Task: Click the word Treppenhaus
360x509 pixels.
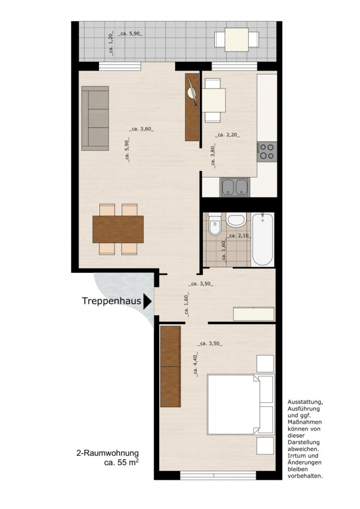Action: point(111,301)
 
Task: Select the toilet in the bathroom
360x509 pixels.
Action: point(215,224)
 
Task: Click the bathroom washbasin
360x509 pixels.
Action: point(236,220)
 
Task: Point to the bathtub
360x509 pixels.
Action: point(262,239)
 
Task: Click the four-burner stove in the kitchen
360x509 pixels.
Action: point(267,152)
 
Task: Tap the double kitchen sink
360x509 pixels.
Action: point(235,187)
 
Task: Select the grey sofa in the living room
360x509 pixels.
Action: point(95,118)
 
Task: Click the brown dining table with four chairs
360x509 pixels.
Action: point(118,229)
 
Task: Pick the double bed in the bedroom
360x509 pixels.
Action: point(241,404)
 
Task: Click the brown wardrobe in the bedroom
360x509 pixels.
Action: point(171,366)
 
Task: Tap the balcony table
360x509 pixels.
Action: point(237,40)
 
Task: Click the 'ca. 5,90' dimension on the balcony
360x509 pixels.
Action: point(130,34)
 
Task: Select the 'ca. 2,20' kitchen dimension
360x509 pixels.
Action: point(228,135)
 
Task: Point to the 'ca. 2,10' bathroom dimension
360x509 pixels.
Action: point(239,236)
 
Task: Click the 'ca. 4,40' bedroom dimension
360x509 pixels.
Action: point(195,364)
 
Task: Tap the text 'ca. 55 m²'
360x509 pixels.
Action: point(121,463)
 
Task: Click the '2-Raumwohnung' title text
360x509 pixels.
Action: point(107,453)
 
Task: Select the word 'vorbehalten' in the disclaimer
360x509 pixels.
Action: point(305,476)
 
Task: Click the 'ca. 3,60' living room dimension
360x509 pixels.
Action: point(142,129)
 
